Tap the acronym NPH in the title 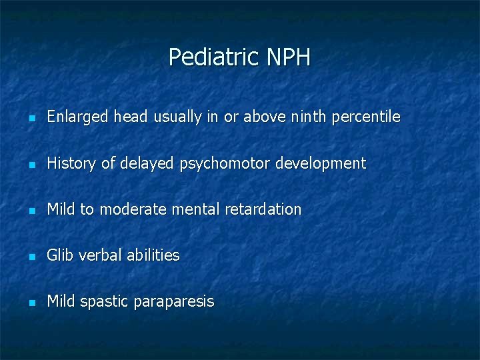coord(288,57)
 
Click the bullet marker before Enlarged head coord(31,118)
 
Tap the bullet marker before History coord(31,164)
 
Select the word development coord(326,163)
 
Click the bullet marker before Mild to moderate coord(31,210)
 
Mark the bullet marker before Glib coord(31,256)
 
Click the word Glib coord(60,255)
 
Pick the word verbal coord(98,255)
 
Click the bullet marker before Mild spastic coord(31,302)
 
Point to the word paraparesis coord(174,302)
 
